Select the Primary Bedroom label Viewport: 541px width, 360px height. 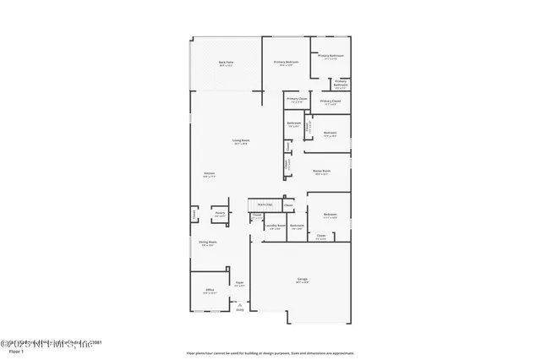pyautogui.click(x=285, y=63)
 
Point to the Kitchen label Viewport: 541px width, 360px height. pyautogui.click(x=209, y=174)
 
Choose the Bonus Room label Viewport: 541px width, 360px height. pyautogui.click(x=320, y=172)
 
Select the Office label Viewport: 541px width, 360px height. pyautogui.click(x=210, y=290)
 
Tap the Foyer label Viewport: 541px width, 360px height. pyautogui.click(x=239, y=283)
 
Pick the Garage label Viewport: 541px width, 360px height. pyautogui.click(x=302, y=279)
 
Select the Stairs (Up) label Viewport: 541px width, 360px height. pyautogui.click(x=264, y=205)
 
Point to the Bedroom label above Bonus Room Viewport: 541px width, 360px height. pyautogui.click(x=331, y=134)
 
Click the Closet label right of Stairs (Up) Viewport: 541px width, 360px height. pyautogui.click(x=288, y=205)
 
